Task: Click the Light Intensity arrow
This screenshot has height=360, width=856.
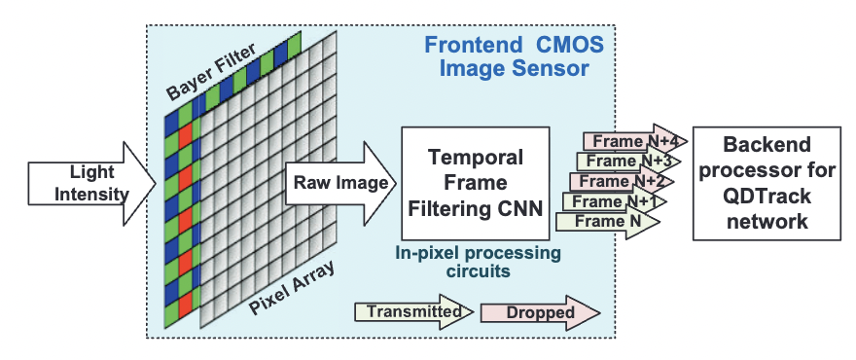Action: coord(91,184)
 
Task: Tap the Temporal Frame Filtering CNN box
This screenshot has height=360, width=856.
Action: coord(475,183)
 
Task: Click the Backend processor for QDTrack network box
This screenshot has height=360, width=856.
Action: coord(767,183)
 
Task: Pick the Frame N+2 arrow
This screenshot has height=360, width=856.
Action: coord(622,181)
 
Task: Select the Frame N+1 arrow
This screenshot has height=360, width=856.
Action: coord(615,201)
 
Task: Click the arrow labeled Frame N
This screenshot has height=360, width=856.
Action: coord(608,222)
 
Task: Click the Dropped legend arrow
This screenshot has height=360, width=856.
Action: coord(540,313)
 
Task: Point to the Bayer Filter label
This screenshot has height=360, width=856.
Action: coord(211,73)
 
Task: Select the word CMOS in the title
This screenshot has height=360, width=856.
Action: coord(570,45)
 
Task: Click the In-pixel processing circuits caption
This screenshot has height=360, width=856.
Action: coord(479,262)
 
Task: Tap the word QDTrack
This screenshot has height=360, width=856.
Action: coord(767,197)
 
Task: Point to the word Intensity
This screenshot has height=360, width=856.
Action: coord(92,194)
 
